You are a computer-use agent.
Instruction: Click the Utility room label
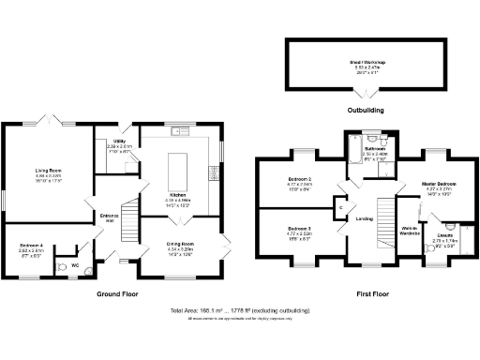pos(119,143)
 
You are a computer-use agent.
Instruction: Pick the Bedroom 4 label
pos(31,248)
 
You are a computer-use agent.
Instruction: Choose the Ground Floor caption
pos(118,293)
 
